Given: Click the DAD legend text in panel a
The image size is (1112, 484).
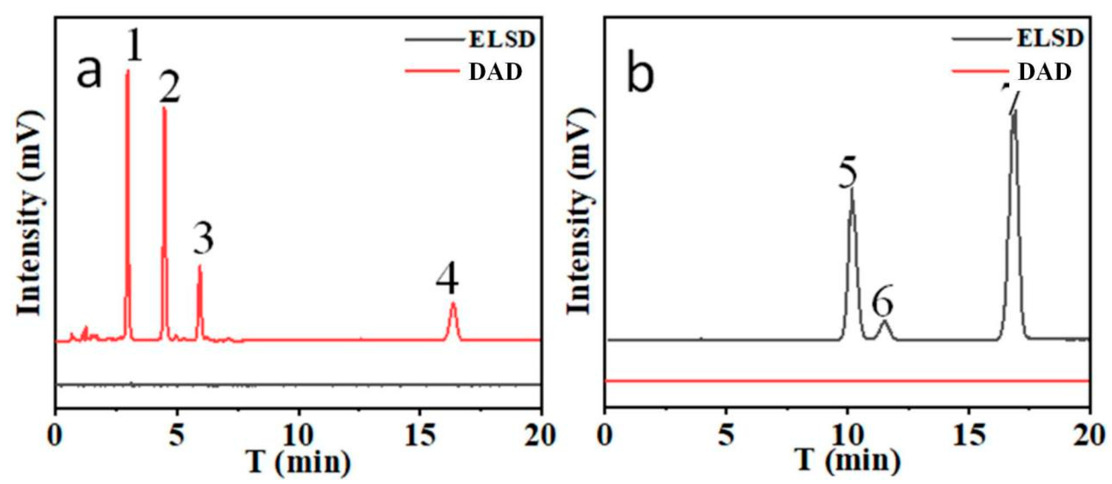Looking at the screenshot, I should coord(495,72).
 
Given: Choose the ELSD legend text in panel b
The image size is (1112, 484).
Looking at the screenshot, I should coord(1050,39).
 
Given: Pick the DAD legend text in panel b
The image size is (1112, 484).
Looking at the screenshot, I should coord(1045,72).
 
